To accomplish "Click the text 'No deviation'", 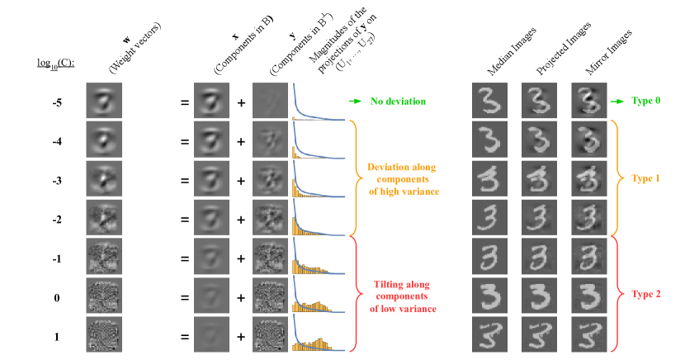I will [x=398, y=102].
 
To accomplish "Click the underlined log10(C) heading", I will [x=56, y=63].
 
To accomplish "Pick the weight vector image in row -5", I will [x=103, y=102].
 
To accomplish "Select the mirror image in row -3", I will [x=588, y=179].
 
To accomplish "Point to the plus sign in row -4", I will [x=241, y=141].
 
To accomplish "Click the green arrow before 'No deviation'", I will [x=355, y=102].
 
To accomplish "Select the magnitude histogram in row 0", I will [x=314, y=296].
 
